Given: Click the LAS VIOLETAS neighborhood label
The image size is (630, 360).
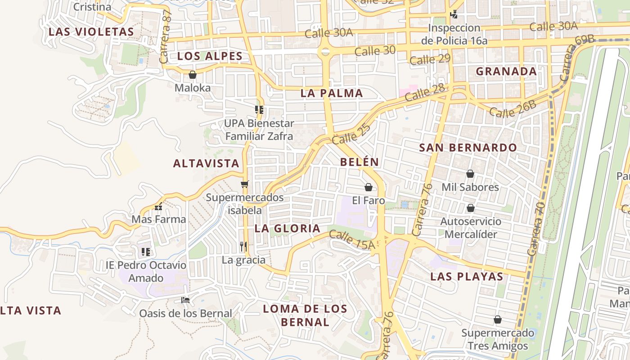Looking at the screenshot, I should click(x=91, y=32).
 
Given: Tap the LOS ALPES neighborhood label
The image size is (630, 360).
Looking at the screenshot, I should click(x=210, y=56).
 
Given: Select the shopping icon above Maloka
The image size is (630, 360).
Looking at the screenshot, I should click(x=193, y=75).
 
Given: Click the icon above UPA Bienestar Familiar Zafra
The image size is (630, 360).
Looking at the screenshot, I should click(x=259, y=109).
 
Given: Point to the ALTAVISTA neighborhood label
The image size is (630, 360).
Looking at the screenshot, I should click(x=207, y=163).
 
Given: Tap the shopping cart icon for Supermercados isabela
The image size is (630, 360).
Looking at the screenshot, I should click(x=245, y=184).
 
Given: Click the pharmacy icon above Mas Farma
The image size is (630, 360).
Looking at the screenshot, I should click(x=158, y=207).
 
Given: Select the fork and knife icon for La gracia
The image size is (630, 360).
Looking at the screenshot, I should click(x=243, y=246).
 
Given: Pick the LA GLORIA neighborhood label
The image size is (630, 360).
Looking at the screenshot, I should click(x=288, y=229).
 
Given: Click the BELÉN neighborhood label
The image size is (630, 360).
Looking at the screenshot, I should click(x=360, y=162).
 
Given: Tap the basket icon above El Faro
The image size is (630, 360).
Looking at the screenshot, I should click(x=369, y=187).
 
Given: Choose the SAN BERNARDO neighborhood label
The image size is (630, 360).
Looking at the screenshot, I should click(x=468, y=148).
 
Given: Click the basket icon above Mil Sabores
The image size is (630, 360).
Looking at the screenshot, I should click(x=470, y=174).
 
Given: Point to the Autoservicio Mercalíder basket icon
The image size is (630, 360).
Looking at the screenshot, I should click(x=471, y=208).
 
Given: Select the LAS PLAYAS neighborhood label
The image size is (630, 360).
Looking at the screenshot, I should click(x=467, y=276).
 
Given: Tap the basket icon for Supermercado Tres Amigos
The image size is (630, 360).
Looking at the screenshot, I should click(x=498, y=319).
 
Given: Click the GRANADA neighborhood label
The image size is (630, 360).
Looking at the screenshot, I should click(x=506, y=71).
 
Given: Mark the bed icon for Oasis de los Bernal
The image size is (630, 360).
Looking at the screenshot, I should click(x=185, y=300).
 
